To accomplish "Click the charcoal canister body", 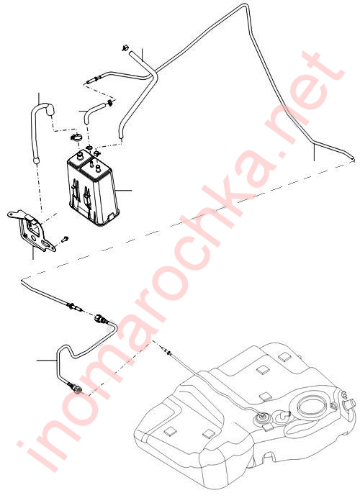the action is pos(92,189).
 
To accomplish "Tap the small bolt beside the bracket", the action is pos(66,238).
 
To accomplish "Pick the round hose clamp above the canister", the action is pos(76,138).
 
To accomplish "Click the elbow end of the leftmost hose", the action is pos(50,110).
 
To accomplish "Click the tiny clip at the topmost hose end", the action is pos(125,48).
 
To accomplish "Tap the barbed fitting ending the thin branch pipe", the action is pos(92,79).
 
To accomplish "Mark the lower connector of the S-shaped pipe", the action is pos(76,389).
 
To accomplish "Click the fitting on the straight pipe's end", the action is pos(74,307).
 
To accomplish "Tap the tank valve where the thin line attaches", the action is pos(261,417).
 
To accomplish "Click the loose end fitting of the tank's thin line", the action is pos(167,350).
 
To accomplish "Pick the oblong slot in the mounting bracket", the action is pos(48,244).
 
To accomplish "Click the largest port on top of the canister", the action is pos(78,154).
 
